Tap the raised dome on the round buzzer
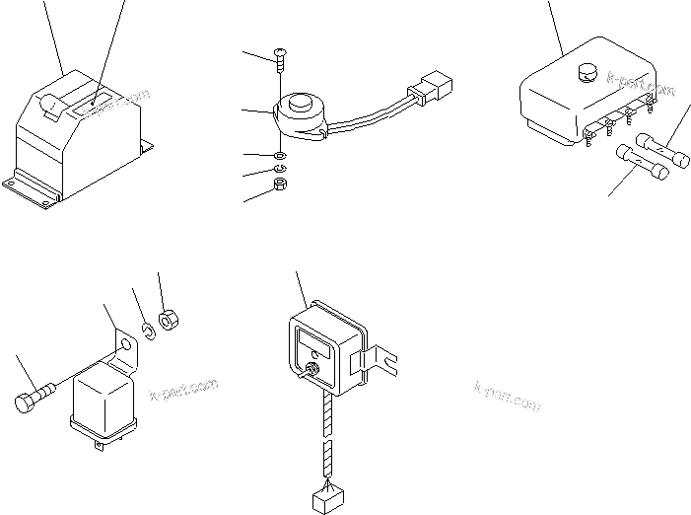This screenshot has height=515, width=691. pos(297,105)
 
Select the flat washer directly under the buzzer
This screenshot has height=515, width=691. pos(280,155)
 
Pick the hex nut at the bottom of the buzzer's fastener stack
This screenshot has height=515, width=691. pos(280,184)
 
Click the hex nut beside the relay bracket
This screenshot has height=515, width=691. pos(167,320)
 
